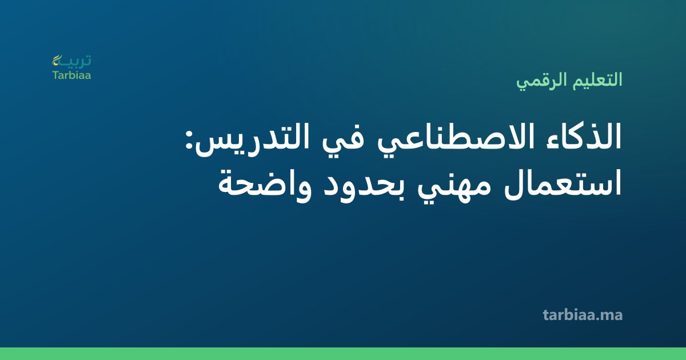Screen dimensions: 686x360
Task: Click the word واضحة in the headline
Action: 265,186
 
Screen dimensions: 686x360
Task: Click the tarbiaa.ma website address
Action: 583,315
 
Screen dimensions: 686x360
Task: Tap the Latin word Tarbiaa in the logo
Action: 71,75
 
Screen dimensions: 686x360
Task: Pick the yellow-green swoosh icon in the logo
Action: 57,60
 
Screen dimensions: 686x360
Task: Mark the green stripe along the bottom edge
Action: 343,354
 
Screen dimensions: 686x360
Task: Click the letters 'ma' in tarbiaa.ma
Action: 612,316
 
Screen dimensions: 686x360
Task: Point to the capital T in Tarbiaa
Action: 56,75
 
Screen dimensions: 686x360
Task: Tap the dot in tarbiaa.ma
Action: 596,319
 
